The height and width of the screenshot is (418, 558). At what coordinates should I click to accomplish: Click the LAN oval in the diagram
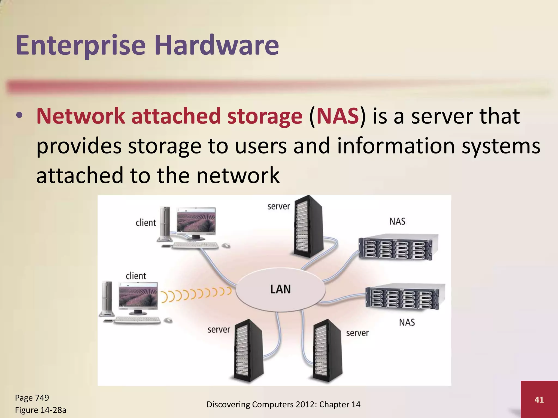[x=281, y=289]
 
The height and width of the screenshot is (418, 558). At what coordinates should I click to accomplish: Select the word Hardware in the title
[x=217, y=45]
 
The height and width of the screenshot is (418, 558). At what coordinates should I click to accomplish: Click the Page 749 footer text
[x=32, y=398]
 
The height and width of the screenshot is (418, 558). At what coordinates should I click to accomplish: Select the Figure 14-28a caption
[x=41, y=410]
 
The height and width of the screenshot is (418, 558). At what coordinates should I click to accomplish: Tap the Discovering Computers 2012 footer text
[x=283, y=405]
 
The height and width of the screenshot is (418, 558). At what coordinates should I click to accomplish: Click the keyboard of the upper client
[x=195, y=245]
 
